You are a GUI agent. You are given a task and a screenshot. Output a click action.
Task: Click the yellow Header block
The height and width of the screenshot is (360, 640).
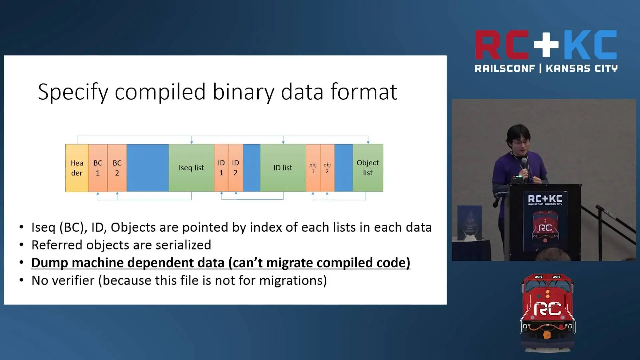pos(77,168)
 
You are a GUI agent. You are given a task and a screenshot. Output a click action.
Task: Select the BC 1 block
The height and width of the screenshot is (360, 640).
pos(98,168)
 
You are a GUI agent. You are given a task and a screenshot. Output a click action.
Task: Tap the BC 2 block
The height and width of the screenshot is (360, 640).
pos(117,168)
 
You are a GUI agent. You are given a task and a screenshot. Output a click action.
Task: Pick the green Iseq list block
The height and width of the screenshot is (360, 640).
pos(191,168)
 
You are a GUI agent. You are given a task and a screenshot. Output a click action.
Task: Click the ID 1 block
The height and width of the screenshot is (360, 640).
pos(221,168)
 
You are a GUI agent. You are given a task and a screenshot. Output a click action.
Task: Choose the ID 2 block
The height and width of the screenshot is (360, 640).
pos(236,168)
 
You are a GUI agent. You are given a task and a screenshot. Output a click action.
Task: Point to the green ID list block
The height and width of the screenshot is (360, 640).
pos(283,168)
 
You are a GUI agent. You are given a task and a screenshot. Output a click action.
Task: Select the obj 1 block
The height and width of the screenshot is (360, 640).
pos(313,168)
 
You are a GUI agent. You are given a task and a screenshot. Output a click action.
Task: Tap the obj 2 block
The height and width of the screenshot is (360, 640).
pos(327,168)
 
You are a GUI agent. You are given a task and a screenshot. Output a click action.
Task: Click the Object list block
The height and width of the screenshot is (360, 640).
pos(368,168)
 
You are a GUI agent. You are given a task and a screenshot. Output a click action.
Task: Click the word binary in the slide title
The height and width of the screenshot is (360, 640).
pos(243,92)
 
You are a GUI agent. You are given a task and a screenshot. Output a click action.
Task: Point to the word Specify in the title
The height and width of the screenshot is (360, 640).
pos(73,92)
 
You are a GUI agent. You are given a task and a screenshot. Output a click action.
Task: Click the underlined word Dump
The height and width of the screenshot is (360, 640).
pos(50,263)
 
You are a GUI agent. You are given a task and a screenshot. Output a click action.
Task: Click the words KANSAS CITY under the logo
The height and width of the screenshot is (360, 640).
pos(582,69)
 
